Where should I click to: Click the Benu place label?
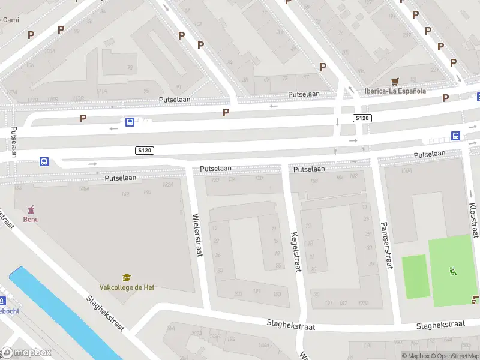tap(31, 219)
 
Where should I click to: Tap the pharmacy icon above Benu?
tap(31, 209)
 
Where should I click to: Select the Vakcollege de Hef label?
tap(127, 287)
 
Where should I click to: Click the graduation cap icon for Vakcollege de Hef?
tap(127, 277)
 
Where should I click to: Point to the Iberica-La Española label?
tap(395, 91)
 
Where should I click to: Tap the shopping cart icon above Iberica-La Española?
tap(395, 81)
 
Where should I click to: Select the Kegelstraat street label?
tap(294, 252)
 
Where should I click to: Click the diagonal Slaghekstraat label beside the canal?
tap(105, 313)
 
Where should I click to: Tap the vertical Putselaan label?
tap(14, 142)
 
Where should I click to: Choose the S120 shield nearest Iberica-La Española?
tap(361, 118)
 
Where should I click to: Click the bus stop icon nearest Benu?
tap(44, 161)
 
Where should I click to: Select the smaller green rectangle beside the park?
tap(416, 277)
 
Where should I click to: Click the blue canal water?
tap(60, 312)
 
